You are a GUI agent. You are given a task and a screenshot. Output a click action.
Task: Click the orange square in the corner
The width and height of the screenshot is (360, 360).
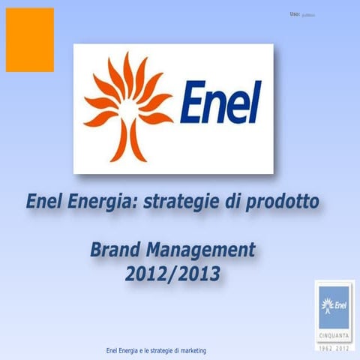pos(29,40)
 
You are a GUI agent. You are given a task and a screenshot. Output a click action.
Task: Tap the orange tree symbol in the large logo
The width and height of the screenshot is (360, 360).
pos(127,106)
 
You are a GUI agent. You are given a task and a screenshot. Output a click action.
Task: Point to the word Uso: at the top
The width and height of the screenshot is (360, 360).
pos(294,14)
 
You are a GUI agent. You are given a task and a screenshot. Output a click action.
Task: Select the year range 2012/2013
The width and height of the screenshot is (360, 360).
pos(172,274)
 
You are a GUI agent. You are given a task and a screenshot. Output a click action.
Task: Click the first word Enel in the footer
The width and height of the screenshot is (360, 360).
pos(115,351)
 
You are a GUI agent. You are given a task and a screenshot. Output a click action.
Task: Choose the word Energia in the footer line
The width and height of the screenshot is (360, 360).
pos(133,351)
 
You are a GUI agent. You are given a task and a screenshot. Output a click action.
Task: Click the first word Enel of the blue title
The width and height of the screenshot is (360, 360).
pos(46,202)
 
